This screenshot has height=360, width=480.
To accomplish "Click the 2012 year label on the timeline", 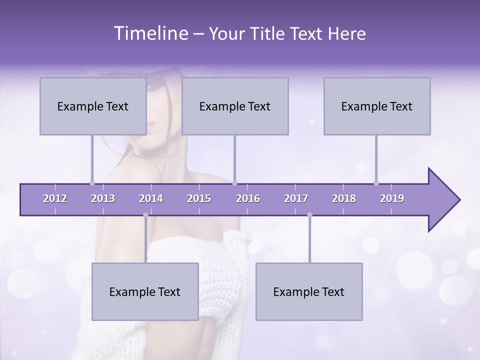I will point(55,198).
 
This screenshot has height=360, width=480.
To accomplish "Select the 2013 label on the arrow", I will point(103,198).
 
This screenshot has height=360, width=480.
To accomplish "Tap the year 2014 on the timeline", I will point(151,198).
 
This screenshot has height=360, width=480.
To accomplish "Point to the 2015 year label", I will point(199,198).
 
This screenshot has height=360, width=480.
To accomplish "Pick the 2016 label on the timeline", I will point(248,198).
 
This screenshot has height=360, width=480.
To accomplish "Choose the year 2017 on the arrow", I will point(296,198).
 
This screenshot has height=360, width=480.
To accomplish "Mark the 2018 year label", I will point(344,198).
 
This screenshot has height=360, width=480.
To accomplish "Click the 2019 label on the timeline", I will point(392,198).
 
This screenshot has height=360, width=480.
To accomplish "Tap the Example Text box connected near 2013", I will point(93,106).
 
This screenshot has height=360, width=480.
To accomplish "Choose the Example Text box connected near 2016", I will point(235,106).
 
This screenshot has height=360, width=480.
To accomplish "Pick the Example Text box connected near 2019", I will point(377,106).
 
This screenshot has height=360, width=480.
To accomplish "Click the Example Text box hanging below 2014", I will point(145,291).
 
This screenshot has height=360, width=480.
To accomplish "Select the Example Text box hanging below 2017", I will point(309,291).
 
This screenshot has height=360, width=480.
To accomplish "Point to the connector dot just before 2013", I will point(92,183).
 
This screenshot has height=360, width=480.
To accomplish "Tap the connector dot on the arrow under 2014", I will point(145,215).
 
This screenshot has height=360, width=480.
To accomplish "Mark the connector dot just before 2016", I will point(234,183).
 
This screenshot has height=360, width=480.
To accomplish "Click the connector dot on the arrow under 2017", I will point(309,215).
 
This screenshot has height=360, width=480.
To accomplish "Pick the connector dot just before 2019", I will point(376,183).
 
